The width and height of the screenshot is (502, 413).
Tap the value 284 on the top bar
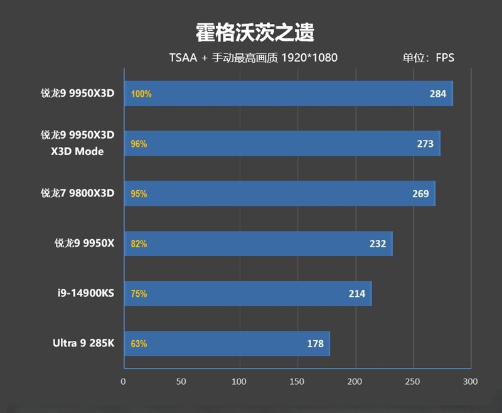pos(438,94)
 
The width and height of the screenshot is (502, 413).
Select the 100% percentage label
pos(141,94)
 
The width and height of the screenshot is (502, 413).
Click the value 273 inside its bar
pos(425,144)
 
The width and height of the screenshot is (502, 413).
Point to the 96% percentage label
pos(139,144)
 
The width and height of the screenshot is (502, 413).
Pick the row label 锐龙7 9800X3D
pos(78,193)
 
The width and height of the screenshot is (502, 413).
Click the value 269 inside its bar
pos(420,193)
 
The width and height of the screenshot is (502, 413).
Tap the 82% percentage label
pos(139,244)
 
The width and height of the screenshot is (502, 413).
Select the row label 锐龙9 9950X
pos(84,244)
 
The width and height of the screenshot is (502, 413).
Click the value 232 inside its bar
pos(378,244)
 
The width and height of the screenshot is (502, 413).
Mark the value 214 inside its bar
pos(357,293)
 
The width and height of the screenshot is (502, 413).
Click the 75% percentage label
pos(139,293)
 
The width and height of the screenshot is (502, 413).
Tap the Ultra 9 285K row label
pos(83,343)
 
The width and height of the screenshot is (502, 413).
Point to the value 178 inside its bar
pos(316,343)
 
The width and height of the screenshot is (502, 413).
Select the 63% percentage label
pos(139,343)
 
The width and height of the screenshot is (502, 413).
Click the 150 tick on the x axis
pos(297,382)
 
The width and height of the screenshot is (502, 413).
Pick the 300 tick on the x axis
pos(470,382)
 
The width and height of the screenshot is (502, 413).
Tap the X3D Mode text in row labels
pos(77,151)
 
